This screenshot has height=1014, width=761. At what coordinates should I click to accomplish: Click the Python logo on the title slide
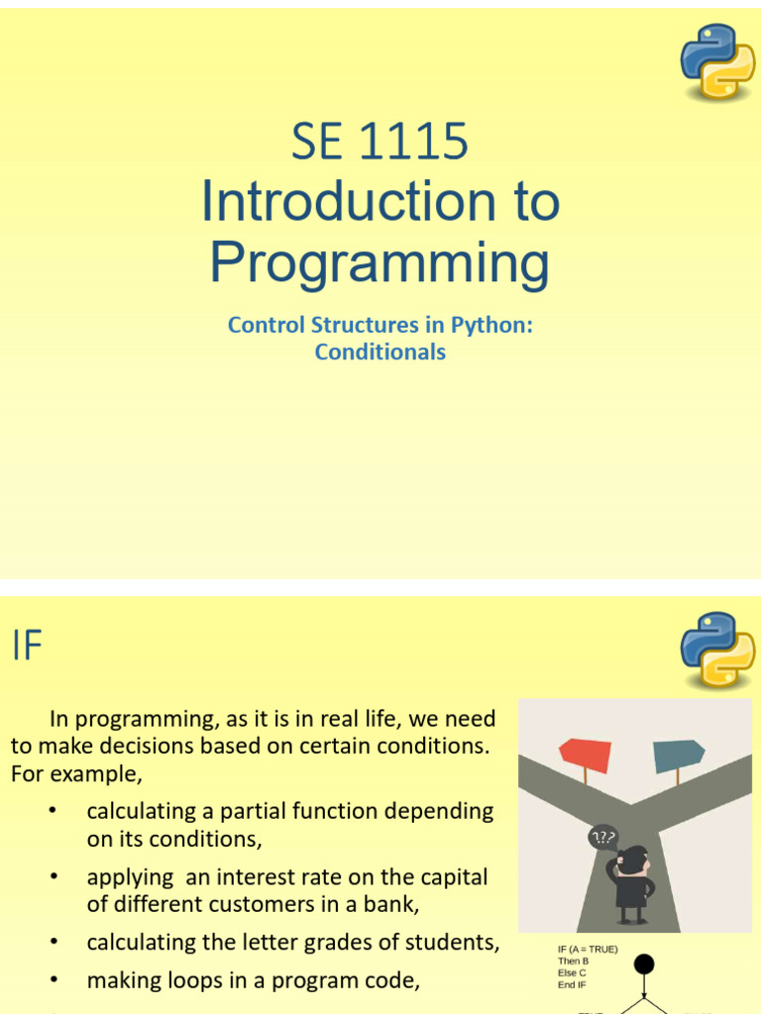pos(717,61)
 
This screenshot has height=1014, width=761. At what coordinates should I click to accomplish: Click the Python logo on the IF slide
pos(717,651)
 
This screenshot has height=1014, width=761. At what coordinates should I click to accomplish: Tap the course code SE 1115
pos(380,143)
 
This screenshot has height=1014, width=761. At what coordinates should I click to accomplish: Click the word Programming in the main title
pos(380,262)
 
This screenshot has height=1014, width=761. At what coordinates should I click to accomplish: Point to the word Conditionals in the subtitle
pos(380,352)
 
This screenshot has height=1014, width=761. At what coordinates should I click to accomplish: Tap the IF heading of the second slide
pos(28,647)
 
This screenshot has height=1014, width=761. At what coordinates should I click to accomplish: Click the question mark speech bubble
pos(602,838)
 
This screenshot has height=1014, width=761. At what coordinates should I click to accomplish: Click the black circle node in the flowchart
pos(645,964)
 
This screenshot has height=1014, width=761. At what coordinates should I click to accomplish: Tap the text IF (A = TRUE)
pos(588,949)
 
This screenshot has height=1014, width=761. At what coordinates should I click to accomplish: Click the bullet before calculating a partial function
pos(54,811)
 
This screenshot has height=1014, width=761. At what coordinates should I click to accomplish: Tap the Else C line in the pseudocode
pos(572,972)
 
